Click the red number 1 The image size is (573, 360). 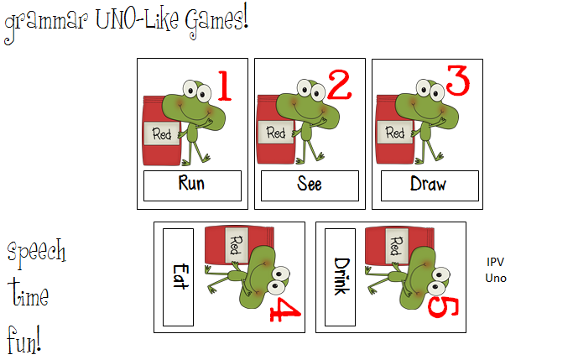pyautogui.click(x=223, y=86)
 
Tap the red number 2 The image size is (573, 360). pyautogui.click(x=338, y=86)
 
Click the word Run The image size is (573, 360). pyautogui.click(x=192, y=185)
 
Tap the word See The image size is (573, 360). pyautogui.click(x=309, y=185)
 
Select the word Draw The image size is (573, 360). pyautogui.click(x=428, y=185)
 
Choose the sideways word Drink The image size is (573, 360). pyautogui.click(x=340, y=276)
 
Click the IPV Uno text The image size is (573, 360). pyautogui.click(x=496, y=270)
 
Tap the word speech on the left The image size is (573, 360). pyautogui.click(x=37, y=252)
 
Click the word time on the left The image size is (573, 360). pyautogui.click(x=29, y=295)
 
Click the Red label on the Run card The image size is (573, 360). pyautogui.click(x=162, y=133)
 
